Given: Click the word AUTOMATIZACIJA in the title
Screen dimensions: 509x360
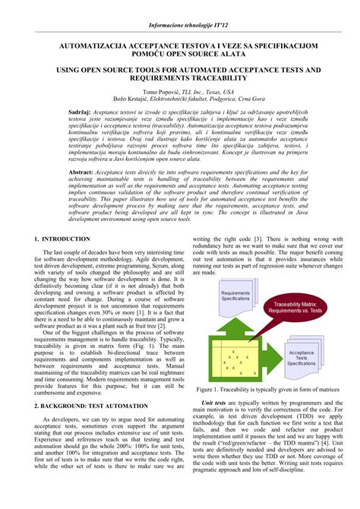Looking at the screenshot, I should point(93,46).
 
